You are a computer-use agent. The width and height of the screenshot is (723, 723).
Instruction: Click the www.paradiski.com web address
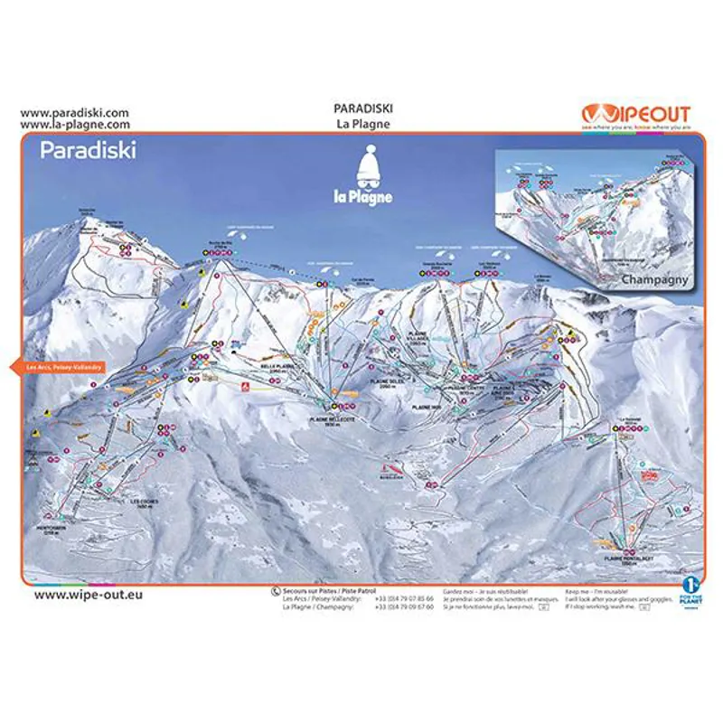point(74,113)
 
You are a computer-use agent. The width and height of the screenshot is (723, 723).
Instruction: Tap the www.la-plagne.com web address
point(74,125)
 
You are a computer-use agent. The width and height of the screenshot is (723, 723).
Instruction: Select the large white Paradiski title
point(88,150)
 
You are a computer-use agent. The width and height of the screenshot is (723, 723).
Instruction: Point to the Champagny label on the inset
point(654,279)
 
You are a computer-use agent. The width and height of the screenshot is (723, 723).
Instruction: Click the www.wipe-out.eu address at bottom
point(88,595)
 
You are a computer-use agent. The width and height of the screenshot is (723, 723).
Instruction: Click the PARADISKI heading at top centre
point(362,110)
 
